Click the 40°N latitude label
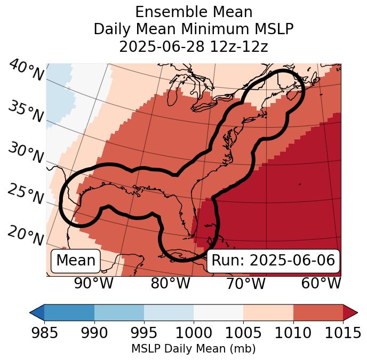click(26, 71)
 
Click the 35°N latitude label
click(26, 111)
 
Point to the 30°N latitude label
click(26, 152)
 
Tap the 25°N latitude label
click(26, 194)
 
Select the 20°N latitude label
click(26, 235)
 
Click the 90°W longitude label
click(94, 283)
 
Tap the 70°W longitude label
click(246, 283)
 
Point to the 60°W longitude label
click(321, 283)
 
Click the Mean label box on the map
click(76, 261)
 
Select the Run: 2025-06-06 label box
click(273, 261)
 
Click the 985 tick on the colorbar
click(44, 333)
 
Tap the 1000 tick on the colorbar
click(193, 333)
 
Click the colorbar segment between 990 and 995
click(119, 312)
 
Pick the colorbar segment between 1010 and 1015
click(318, 312)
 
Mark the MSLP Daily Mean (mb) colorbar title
click(193, 349)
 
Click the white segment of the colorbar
click(218, 312)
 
